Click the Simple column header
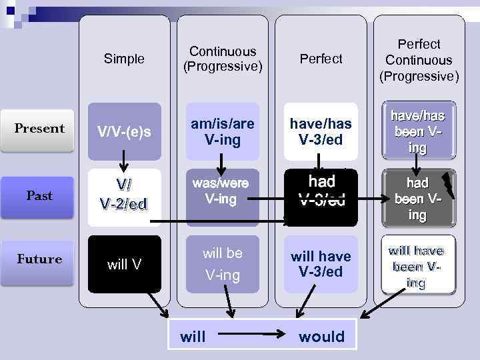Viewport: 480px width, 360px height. tap(124, 59)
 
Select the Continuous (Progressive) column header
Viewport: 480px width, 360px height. tap(223, 59)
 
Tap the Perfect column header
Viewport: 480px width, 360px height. tap(321, 59)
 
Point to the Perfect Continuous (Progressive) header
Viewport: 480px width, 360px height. tap(419, 59)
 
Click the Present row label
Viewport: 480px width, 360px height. tap(40, 129)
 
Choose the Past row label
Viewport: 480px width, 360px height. tap(39, 195)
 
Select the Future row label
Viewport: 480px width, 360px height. tap(39, 259)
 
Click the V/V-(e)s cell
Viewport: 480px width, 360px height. tap(125, 132)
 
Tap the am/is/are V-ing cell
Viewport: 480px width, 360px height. tap(223, 131)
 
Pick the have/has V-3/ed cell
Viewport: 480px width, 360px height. tap(321, 131)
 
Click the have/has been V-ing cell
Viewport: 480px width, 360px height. tap(418, 131)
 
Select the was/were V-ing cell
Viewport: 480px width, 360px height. tap(223, 191)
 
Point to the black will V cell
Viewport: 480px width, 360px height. tap(125, 265)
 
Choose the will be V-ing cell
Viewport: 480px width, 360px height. tap(223, 263)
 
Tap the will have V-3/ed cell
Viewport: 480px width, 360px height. tap(321, 264)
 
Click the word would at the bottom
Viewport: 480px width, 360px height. tap(321, 337)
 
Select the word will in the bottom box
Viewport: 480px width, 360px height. tap(193, 337)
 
